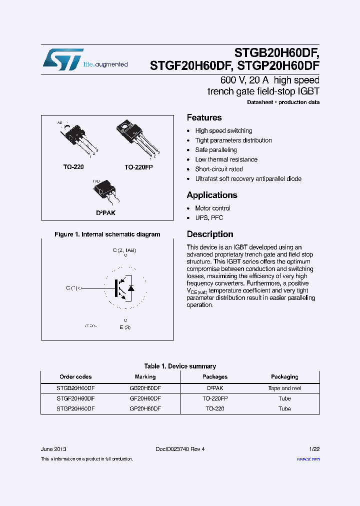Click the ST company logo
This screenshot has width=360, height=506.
[x=63, y=59]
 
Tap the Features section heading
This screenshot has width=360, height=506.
[x=204, y=117]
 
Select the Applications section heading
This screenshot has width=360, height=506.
[x=212, y=195]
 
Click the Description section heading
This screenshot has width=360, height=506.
[x=210, y=234]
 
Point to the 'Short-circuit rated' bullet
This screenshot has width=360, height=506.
[x=219, y=169]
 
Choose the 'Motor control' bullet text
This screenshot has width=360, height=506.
[x=212, y=208]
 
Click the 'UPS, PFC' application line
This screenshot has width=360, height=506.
[x=209, y=217]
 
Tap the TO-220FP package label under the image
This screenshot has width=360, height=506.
[x=138, y=167]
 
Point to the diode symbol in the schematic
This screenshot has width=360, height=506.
[x=131, y=288]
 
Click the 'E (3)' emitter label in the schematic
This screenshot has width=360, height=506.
[x=125, y=327]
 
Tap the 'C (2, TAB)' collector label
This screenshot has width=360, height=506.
[x=124, y=249]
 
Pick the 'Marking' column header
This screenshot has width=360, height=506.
[x=145, y=376]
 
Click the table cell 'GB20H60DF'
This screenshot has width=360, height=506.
[x=145, y=388]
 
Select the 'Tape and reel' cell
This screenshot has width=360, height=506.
[x=284, y=388]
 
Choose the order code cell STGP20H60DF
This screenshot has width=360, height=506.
[x=75, y=408]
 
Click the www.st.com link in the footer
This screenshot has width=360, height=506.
[x=308, y=459]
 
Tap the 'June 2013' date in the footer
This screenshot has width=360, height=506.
[x=53, y=449]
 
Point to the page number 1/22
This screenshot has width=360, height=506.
[x=314, y=449]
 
